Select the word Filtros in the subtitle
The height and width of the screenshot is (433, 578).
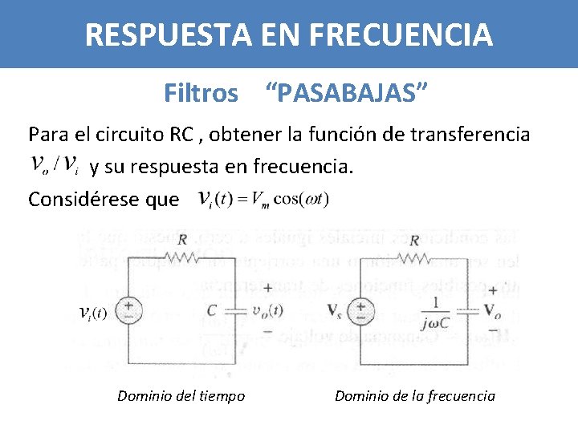click(x=201, y=94)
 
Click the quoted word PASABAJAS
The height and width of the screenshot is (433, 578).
click(x=346, y=94)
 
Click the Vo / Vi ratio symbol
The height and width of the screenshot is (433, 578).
click(x=54, y=164)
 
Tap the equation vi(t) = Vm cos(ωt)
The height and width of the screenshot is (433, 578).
click(x=263, y=198)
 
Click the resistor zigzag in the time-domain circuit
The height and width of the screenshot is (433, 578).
click(x=183, y=256)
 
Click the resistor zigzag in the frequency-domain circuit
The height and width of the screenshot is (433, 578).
click(x=416, y=256)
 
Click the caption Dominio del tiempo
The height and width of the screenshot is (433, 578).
click(x=181, y=395)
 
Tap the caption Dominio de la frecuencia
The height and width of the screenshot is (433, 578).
click(x=414, y=395)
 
